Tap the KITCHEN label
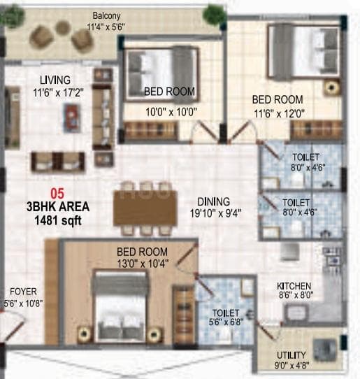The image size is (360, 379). [294, 286]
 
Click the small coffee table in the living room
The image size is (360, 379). [72, 117]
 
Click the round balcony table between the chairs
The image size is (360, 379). [63, 28]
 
